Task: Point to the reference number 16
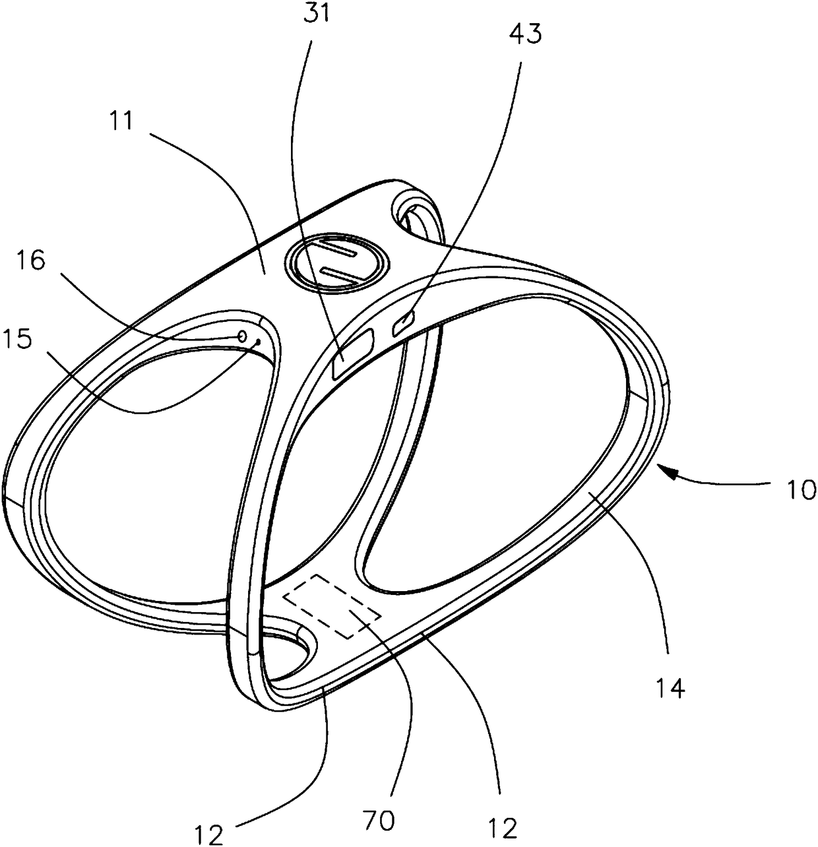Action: point(31,262)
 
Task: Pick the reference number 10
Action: point(801,489)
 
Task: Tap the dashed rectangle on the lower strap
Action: point(332,605)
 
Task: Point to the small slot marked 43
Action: point(402,323)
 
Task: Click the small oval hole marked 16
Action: point(242,336)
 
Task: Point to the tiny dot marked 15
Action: point(258,342)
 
